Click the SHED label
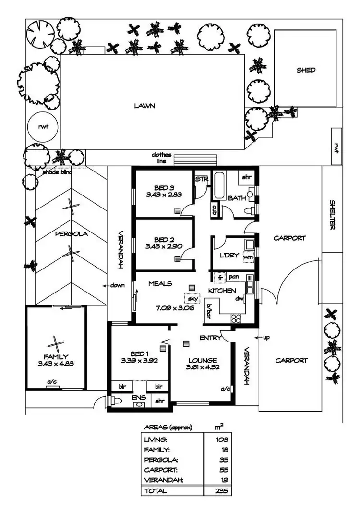click(306, 70)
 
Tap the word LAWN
click(144, 106)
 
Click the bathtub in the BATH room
click(218, 185)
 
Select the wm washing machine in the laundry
click(248, 257)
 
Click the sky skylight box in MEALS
click(193, 298)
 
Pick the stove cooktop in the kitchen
click(236, 318)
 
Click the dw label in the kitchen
click(240, 298)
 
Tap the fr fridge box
click(221, 277)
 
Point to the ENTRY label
click(210, 338)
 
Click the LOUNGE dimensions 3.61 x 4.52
click(202, 368)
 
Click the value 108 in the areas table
click(221, 439)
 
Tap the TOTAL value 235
click(221, 491)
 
